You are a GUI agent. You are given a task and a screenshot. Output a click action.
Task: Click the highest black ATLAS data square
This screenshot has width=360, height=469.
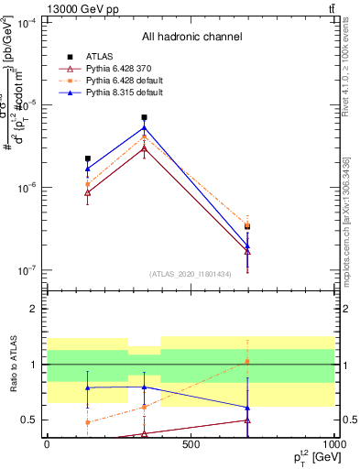pos(144,117)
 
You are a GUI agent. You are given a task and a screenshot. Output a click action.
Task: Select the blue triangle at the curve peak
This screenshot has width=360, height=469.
pos(144,127)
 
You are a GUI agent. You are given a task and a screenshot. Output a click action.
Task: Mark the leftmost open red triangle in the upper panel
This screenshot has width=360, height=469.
pos(87,192)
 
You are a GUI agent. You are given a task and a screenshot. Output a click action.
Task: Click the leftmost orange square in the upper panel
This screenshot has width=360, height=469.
pos(87,184)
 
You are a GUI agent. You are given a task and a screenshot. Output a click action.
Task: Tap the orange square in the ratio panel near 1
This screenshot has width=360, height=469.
pos(247,362)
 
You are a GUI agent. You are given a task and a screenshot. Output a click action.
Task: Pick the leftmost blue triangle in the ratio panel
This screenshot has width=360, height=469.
pos(87,387)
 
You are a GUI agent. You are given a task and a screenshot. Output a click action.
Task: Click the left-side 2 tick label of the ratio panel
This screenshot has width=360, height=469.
pos(34,309)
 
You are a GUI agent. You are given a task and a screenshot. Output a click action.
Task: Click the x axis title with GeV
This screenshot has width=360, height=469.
pos(306,458)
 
